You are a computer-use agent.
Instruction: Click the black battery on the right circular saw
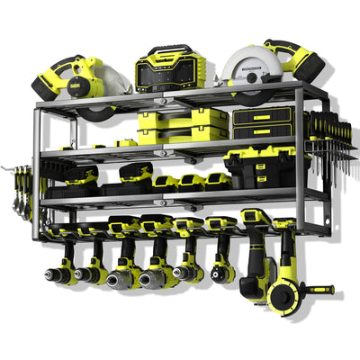[302, 66]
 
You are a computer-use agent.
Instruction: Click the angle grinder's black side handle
[317, 290]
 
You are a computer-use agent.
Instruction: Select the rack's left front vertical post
[38, 171]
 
